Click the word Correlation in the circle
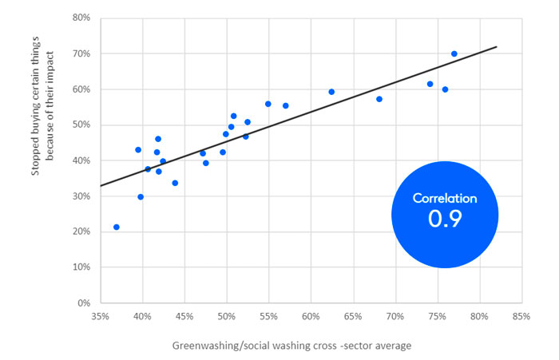445,198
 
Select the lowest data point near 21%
117,227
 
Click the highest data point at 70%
454,54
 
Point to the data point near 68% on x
379,99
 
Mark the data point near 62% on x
331,92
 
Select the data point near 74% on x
430,84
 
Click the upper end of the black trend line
497,47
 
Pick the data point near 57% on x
285,105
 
